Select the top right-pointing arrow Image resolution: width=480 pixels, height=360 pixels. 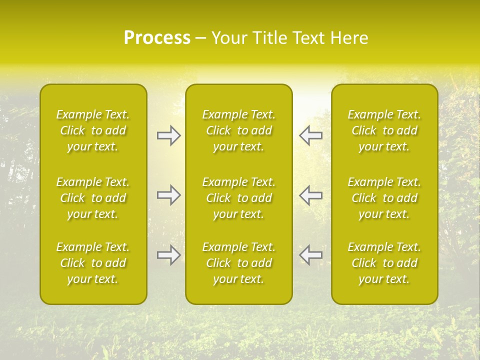(x=169, y=135)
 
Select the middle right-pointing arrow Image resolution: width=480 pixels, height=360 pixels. (x=169, y=195)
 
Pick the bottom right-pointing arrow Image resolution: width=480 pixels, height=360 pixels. (x=169, y=255)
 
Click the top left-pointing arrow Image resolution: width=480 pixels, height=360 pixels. (x=310, y=135)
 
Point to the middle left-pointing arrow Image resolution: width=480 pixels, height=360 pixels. (x=310, y=195)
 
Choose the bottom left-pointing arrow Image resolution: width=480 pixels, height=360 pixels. (x=310, y=255)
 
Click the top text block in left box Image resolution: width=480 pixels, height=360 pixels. (x=93, y=130)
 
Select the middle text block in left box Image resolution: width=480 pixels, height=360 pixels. (x=93, y=198)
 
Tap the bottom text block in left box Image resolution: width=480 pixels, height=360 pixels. (x=93, y=263)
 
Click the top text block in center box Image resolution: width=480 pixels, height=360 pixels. (x=239, y=130)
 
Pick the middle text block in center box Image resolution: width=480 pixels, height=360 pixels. (x=239, y=198)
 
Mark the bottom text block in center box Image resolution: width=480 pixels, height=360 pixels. (x=239, y=263)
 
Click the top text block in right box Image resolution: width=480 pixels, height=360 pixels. (x=384, y=130)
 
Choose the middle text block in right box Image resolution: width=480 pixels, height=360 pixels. (x=384, y=198)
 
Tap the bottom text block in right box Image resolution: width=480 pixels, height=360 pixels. (x=384, y=263)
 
